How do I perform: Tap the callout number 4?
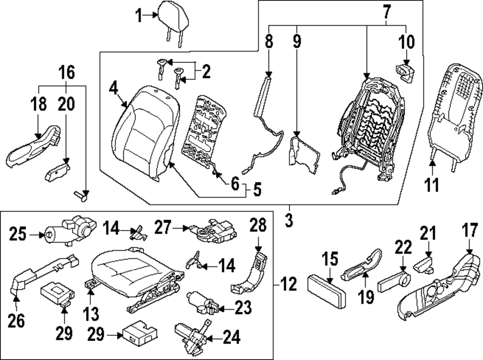coord(114,89)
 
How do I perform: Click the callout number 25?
coord(19,235)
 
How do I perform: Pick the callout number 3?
coord(289,221)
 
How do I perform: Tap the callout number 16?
coord(67,72)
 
